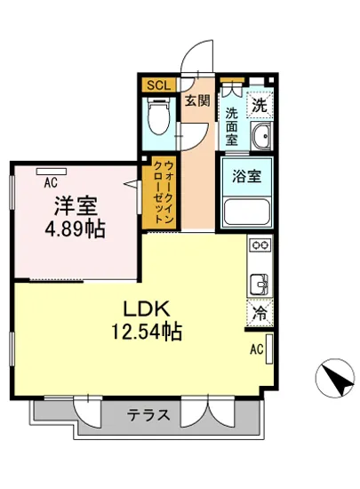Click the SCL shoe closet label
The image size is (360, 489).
[x=157, y=85]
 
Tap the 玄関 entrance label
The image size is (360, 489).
[x=196, y=100]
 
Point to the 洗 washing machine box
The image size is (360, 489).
[x=258, y=106]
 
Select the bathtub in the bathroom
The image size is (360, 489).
[x=245, y=212]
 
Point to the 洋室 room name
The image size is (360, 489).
[x=76, y=207]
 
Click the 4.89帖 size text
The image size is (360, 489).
[x=76, y=229]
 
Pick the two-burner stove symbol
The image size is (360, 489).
[x=260, y=246]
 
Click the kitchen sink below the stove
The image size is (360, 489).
[x=260, y=284]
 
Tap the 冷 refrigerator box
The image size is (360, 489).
[x=259, y=313]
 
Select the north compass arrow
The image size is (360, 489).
[x=332, y=378]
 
